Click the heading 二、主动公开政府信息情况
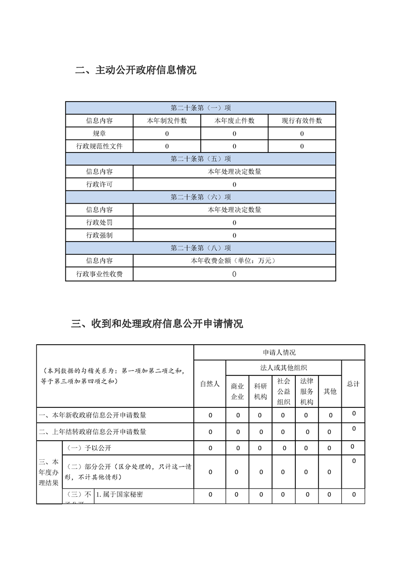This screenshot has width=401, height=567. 136,70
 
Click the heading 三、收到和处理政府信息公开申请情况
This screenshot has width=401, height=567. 157,323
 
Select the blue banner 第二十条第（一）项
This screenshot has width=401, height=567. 200,108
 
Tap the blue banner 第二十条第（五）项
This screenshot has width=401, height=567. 200,159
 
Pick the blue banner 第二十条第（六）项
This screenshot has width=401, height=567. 200,197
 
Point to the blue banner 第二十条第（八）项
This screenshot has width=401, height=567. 200,248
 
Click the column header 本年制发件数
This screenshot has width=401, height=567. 166,121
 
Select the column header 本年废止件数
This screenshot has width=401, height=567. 234,121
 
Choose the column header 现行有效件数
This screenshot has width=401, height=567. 301,121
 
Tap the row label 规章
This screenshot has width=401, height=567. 99,133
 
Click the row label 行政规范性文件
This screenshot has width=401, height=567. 99,146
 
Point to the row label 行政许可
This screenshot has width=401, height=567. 99,184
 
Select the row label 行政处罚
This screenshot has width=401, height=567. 99,222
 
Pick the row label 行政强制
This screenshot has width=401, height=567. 99,235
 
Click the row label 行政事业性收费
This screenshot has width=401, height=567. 99,274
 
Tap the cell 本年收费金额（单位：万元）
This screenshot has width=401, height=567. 234,261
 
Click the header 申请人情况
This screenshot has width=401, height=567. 279,352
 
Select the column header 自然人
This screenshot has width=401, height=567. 210,384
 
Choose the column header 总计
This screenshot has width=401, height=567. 353,384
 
